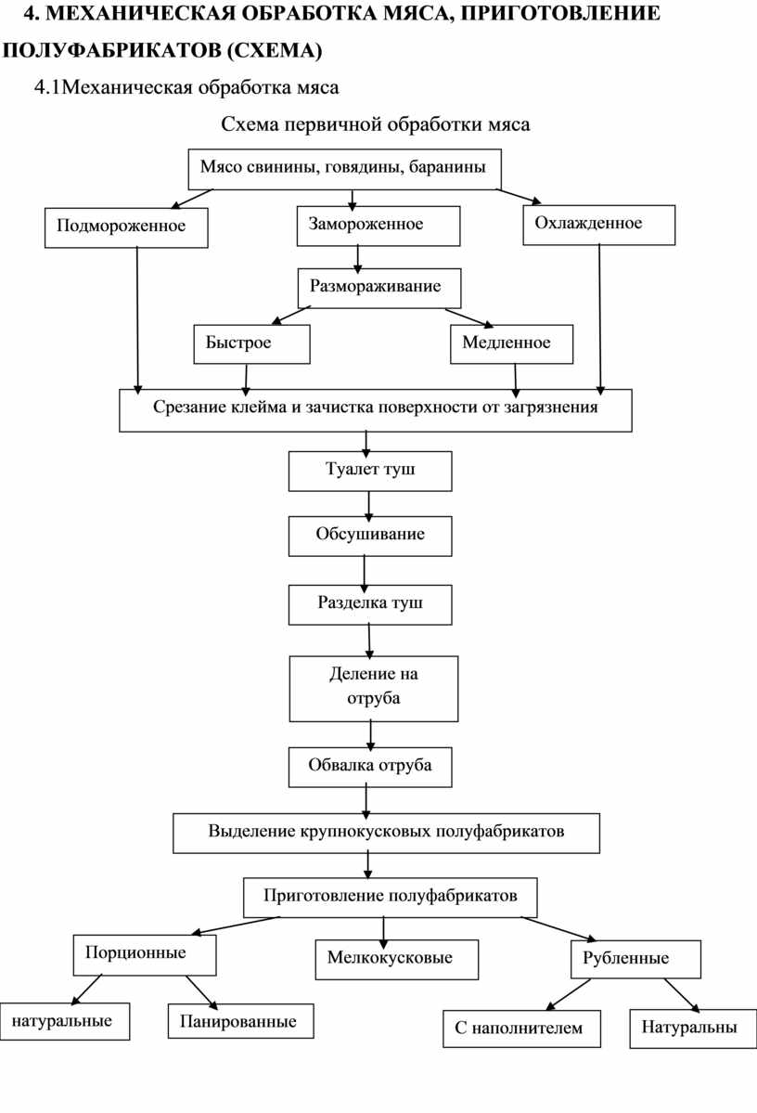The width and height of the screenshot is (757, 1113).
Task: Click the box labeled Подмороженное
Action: coord(126,227)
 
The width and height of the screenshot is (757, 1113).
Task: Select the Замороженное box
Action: coord(378,226)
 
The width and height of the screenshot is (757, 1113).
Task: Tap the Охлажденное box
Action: coord(598,225)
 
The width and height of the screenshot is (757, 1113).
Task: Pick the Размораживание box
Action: coord(379,288)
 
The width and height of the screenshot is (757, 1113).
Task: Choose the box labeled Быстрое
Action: coord(251,344)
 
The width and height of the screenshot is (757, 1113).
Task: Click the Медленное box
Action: coord(511,344)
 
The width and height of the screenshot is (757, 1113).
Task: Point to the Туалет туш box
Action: coord(369,472)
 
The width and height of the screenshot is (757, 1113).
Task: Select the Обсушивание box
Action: coord(369,536)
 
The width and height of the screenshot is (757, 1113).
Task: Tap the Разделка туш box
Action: coord(369,604)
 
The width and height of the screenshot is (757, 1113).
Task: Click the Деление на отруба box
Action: coord(374,689)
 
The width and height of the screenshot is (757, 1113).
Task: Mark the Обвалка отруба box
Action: coord(369,767)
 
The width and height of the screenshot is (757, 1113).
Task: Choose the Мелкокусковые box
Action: coord(397,960)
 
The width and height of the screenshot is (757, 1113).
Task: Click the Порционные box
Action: coord(145,954)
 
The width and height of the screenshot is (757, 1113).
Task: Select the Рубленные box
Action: coord(635,960)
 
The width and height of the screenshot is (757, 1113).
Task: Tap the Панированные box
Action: coord(240,1021)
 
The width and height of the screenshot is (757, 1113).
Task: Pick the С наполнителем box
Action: coord(521,1029)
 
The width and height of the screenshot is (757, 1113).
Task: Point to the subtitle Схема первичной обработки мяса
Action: coord(376,125)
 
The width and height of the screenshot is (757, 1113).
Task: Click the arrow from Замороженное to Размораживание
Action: coord(357,259)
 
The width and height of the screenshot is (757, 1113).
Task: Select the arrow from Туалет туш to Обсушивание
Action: coord(369,506)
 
